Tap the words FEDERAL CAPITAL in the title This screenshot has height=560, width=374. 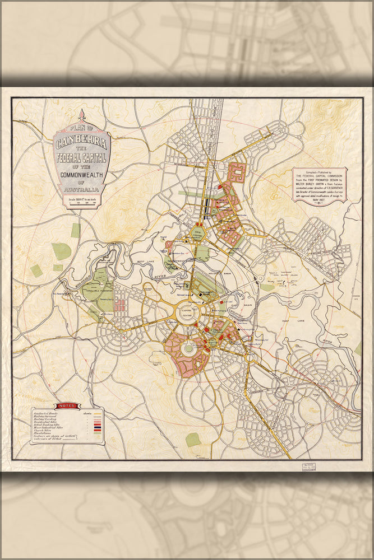[82, 155]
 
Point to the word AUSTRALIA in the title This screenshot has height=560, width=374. [82, 191]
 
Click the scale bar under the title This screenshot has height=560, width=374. [82, 203]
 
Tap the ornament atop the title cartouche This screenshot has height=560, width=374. [82, 115]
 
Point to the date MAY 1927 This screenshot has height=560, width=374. [320, 200]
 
